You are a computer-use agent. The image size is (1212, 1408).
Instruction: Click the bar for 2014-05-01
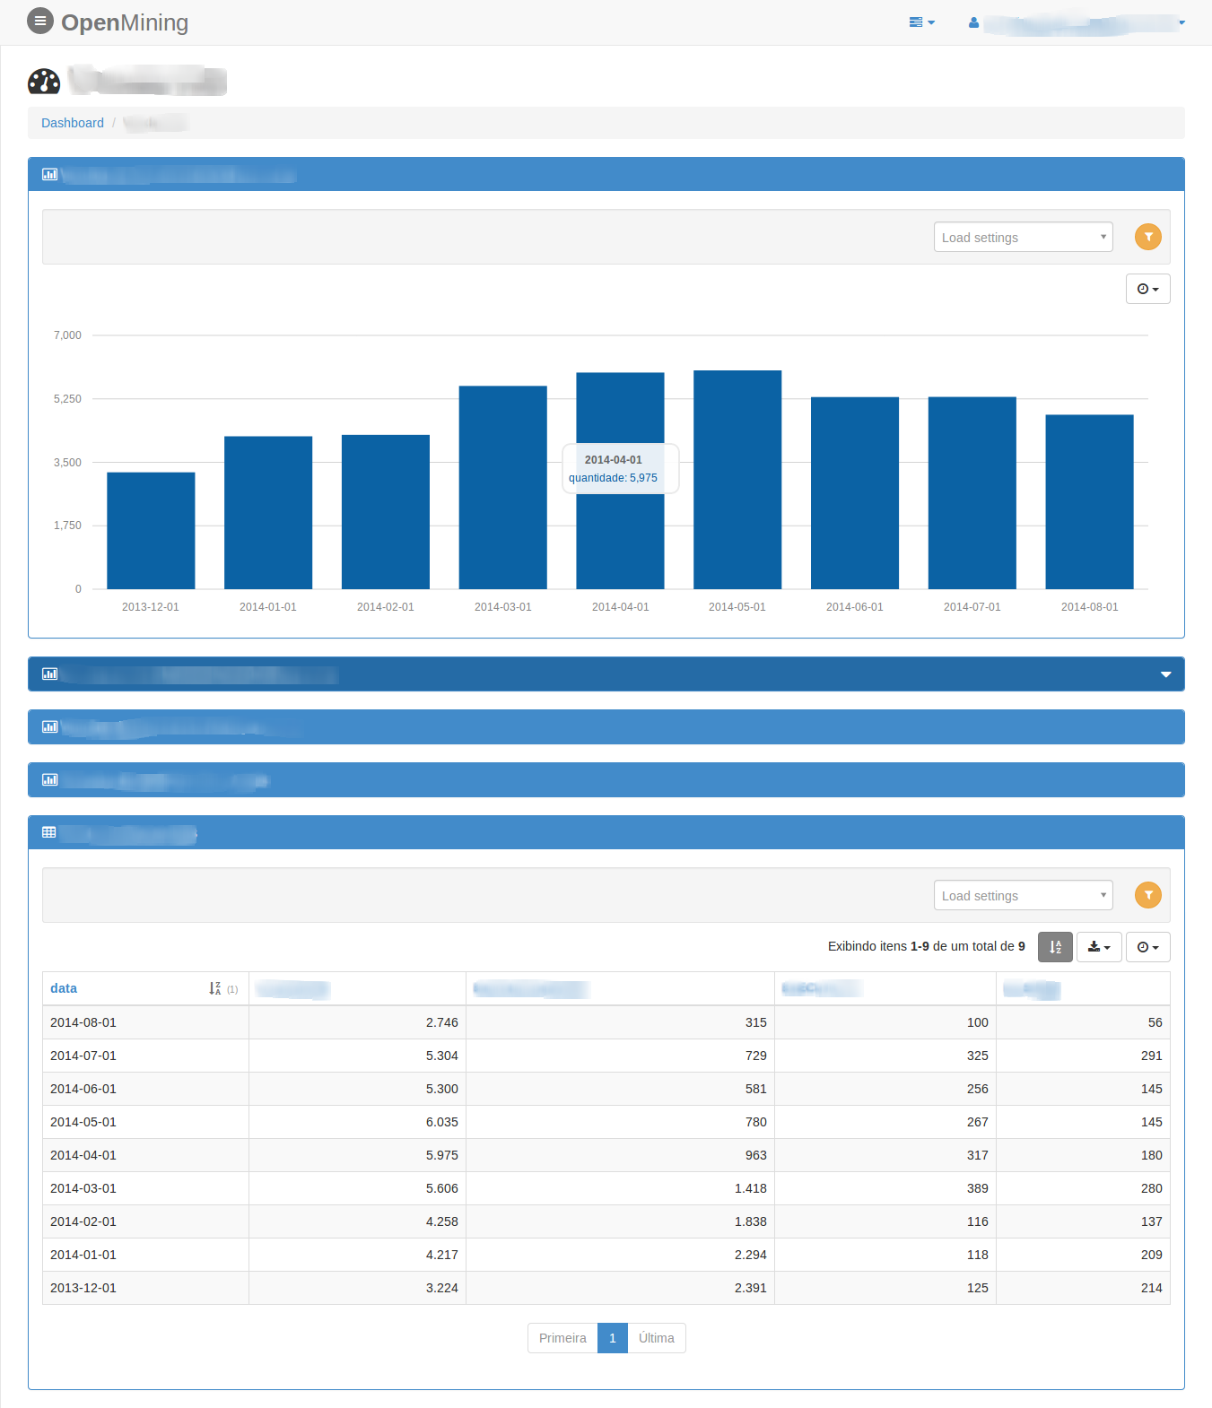(x=737, y=480)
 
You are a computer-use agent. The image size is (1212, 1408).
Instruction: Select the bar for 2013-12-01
(x=151, y=530)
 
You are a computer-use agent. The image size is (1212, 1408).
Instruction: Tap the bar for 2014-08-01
(x=1089, y=501)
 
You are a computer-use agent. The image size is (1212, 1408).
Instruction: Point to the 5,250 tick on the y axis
(x=67, y=399)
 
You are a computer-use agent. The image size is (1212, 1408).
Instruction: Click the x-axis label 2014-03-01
(x=502, y=607)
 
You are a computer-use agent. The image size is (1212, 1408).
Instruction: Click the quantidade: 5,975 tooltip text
(x=613, y=478)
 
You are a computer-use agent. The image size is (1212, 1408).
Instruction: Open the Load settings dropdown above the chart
(x=1023, y=238)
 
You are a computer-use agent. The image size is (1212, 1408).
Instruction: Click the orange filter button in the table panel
(x=1147, y=895)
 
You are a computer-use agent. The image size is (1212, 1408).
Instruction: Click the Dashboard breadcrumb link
(x=73, y=123)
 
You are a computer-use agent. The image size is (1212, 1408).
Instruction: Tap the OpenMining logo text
(x=125, y=22)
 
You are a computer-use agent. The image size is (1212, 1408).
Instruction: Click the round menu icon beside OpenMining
(x=40, y=21)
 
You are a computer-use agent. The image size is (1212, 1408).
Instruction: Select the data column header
(x=64, y=988)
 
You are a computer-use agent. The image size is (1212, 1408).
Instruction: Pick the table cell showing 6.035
(x=441, y=1122)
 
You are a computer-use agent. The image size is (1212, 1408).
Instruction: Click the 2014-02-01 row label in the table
(x=83, y=1221)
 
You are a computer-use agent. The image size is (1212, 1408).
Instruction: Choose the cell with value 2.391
(x=750, y=1288)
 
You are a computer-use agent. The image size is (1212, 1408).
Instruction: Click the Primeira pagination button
(x=562, y=1338)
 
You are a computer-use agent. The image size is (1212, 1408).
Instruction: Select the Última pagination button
(x=657, y=1338)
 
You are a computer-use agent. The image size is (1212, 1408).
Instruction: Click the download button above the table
(x=1099, y=947)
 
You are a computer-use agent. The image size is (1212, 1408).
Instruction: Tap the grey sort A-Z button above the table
(x=1055, y=947)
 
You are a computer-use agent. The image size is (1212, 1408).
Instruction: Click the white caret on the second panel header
(x=1165, y=674)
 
